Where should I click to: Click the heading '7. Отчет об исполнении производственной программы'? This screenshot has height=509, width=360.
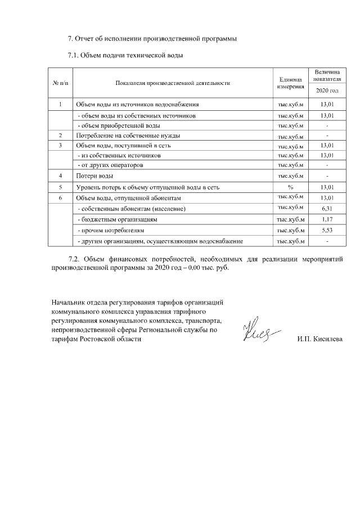tap(152, 39)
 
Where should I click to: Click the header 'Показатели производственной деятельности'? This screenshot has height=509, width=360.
tap(173, 83)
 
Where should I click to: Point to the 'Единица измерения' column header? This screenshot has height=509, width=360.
tap(291, 83)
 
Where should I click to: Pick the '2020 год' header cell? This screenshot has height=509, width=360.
tap(327, 91)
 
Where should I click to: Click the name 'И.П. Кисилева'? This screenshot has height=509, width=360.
tap(319, 339)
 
